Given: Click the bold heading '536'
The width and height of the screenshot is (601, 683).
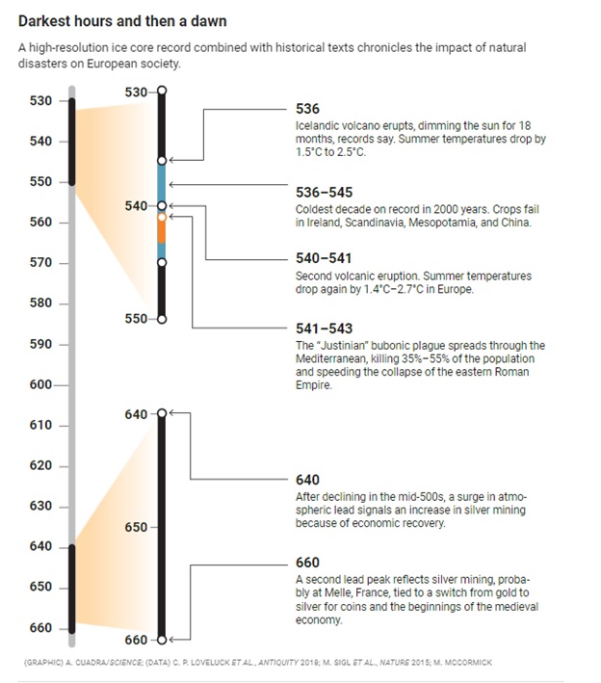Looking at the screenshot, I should click(x=307, y=110).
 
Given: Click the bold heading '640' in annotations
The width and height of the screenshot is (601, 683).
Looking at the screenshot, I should click(x=307, y=480).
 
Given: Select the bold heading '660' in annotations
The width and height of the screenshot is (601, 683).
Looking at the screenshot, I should click(x=307, y=562).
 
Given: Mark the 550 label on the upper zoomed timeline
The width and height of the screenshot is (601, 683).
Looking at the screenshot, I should click(x=137, y=319).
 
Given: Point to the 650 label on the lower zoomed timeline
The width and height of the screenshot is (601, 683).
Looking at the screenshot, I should click(x=137, y=527).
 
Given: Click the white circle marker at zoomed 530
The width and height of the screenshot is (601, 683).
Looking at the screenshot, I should click(x=162, y=91).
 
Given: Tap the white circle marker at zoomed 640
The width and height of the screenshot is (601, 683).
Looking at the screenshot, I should click(x=162, y=413).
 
